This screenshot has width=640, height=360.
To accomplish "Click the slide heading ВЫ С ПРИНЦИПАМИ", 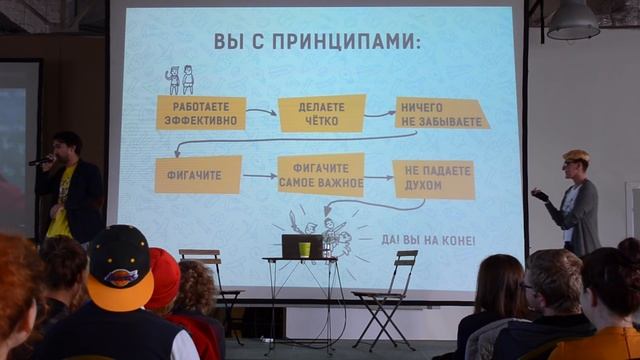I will click(316, 41).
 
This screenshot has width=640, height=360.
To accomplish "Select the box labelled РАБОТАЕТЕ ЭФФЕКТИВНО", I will click(201, 112).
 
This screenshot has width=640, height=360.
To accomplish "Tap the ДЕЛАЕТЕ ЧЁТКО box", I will click(320, 113).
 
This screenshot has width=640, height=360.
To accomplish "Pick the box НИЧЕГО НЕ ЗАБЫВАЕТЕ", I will click(440, 113).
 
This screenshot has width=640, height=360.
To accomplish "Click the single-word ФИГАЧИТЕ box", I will click(198, 174).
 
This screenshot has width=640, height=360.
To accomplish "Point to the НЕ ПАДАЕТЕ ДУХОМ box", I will click(433, 179).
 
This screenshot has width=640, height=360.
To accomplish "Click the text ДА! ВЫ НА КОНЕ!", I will click(429, 240).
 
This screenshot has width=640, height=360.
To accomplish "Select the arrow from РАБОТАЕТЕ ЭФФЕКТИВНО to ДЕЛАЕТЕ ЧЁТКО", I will click(261, 112).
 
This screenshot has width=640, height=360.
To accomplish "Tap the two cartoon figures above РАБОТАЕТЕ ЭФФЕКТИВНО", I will click(180, 80).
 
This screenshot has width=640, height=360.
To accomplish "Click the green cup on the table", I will click(304, 249).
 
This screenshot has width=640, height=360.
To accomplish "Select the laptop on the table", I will click(296, 245).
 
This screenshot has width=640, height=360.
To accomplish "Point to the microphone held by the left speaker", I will click(41, 160).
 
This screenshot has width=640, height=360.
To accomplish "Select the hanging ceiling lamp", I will click(573, 22).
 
